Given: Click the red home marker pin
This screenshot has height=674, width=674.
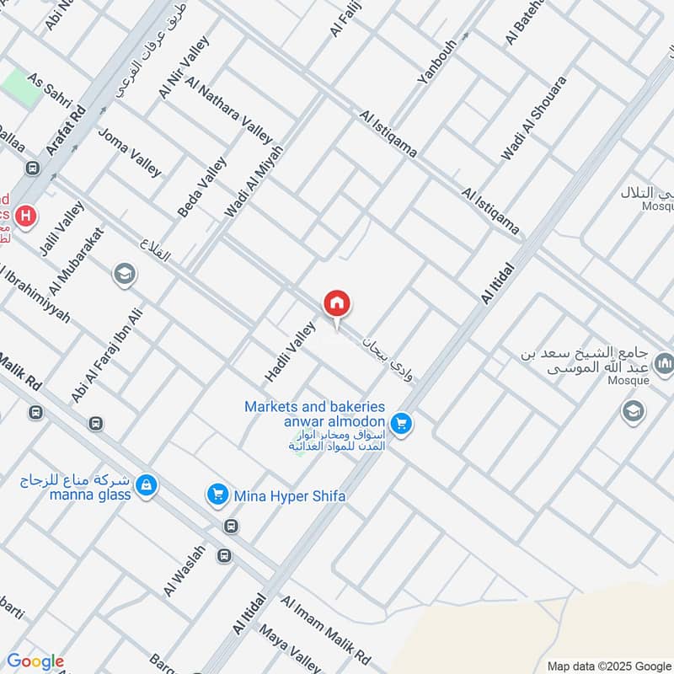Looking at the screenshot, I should pos(337,304).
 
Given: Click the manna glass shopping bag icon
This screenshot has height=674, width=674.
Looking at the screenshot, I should pos(147,486).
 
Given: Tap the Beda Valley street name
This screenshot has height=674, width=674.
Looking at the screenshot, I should pos(202,188).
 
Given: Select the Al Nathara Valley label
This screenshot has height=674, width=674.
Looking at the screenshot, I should pos(229,110).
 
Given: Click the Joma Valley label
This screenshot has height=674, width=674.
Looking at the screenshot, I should pos(130,152).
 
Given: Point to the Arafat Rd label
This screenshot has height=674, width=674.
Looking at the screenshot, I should pos(67,131).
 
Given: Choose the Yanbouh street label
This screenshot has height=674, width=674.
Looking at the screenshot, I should pos(436,61).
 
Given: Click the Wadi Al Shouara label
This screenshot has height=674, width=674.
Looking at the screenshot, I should pos(534,119).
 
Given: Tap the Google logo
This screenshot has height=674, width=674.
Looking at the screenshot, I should pos(35,661).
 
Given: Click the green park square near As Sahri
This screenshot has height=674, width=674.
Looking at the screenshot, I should pos(20,88).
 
